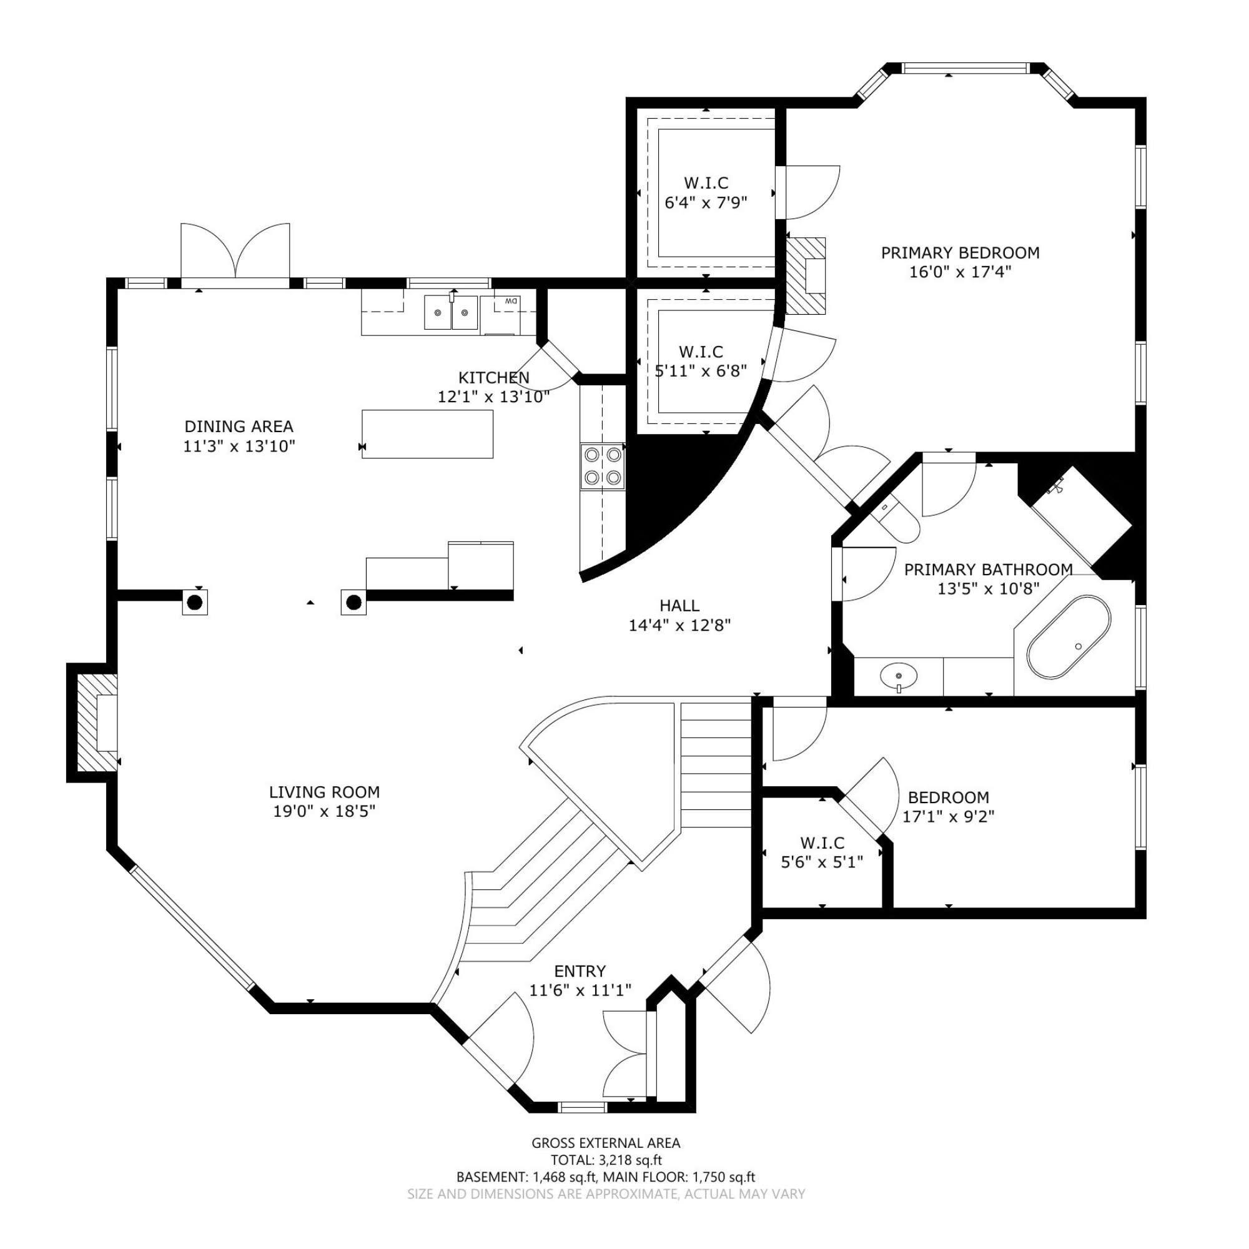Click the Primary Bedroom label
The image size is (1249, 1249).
coord(960,253)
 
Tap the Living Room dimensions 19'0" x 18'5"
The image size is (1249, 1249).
coord(325,811)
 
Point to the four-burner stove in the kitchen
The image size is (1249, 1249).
coord(602,466)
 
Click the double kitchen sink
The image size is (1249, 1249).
coord(452,313)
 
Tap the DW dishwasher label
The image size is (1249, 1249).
coord(511,301)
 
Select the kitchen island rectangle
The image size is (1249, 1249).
coord(427,434)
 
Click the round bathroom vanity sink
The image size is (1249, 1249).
coord(899,676)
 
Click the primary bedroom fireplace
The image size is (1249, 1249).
coord(806,276)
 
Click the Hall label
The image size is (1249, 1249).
coord(679,606)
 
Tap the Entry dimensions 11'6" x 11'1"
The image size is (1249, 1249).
coord(580,990)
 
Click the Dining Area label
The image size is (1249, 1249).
coord(239,427)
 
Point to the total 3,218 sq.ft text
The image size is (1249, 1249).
coord(606,1160)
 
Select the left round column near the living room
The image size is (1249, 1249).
coord(195,603)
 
